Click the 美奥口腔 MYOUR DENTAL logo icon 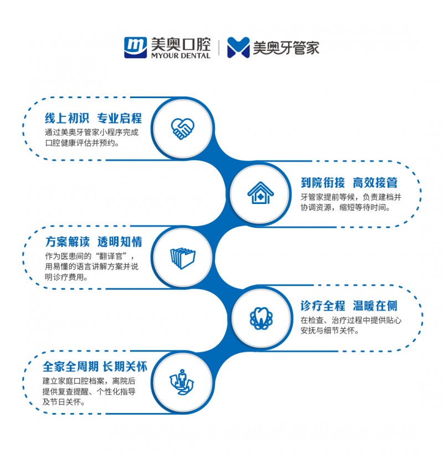136,47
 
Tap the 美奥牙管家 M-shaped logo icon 239,48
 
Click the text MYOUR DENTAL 180,55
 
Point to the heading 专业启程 119,118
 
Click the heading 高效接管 375,183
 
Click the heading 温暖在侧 375,306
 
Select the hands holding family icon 182,382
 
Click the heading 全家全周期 71,366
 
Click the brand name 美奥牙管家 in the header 286,48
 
